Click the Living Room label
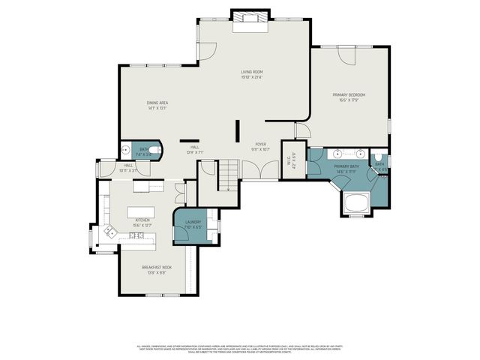click(252, 74)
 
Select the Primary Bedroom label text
click(349, 97)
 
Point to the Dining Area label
click(157, 105)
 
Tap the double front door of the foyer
click(260, 171)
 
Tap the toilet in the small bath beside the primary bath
click(382, 178)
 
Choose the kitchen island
click(145, 211)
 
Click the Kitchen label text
click(142, 222)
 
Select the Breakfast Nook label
click(157, 269)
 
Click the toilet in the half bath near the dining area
click(154, 151)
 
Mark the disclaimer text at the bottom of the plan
click(240, 349)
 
